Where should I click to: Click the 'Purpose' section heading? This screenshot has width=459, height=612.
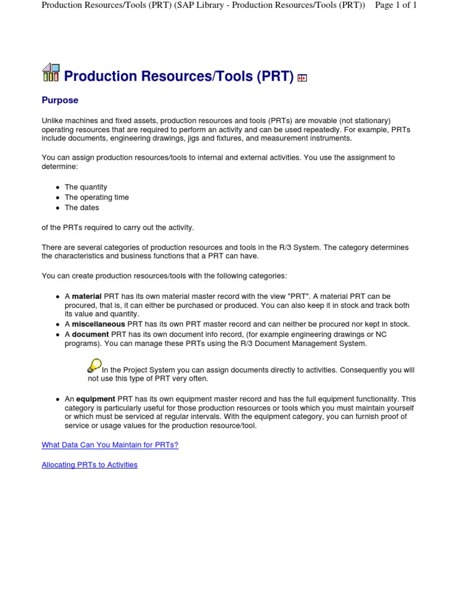coord(60,100)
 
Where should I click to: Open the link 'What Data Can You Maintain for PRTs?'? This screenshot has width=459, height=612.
coord(110,445)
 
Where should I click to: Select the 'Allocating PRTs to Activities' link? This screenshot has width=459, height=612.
coord(90,464)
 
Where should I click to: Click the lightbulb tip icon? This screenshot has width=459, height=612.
coord(94,365)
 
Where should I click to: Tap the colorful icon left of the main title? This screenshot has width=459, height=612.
coord(51,73)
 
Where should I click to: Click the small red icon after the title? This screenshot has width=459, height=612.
coord(302,78)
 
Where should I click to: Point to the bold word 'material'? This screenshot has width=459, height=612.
coord(87,296)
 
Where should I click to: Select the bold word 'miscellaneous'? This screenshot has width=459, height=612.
coord(99,324)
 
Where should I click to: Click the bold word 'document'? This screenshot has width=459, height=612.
coord(90,334)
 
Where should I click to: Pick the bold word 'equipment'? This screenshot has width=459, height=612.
coord(94,399)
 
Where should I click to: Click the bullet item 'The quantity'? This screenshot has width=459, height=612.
coord(86,187)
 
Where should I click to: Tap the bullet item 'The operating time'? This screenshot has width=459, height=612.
coord(97,197)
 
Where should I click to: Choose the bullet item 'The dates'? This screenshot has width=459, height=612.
coord(82,207)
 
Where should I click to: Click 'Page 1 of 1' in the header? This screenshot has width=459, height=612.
coord(396,5)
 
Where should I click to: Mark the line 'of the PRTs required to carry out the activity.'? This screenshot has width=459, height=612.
coord(118,228)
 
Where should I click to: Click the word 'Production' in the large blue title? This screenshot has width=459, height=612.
coord(100,76)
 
